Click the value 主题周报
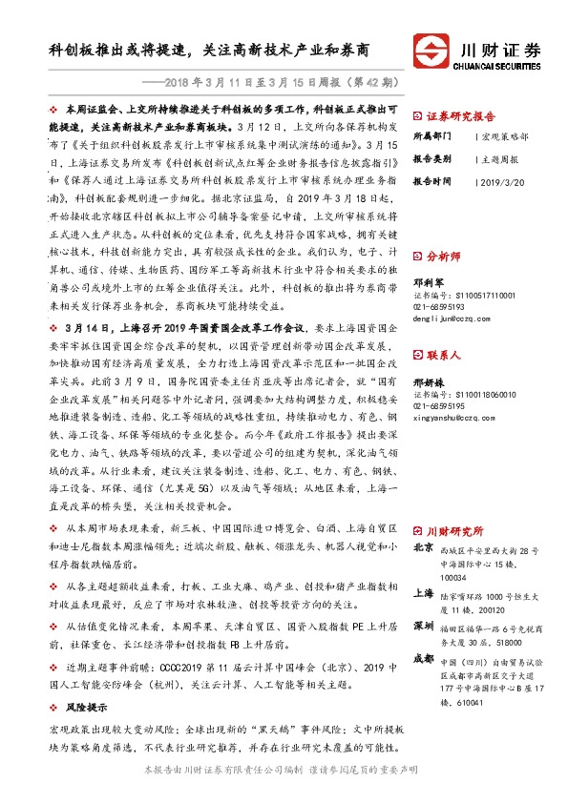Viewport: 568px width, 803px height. click(x=500, y=158)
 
